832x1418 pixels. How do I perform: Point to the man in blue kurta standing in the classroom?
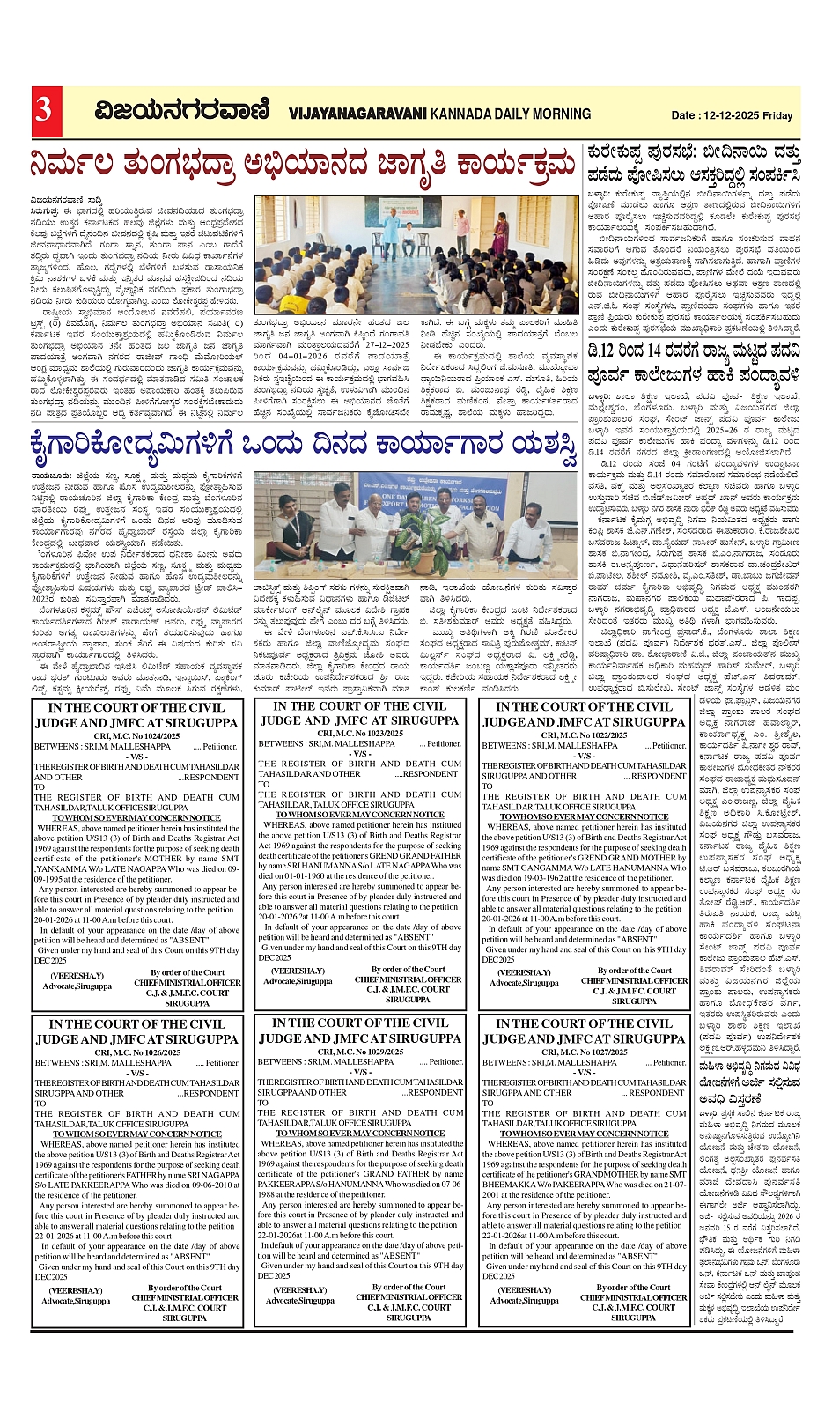[392, 232]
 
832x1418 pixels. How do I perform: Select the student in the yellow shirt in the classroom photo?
[295, 303]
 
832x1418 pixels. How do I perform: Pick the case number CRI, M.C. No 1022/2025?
[584, 735]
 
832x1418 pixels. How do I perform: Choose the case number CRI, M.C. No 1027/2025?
[584, 1052]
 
